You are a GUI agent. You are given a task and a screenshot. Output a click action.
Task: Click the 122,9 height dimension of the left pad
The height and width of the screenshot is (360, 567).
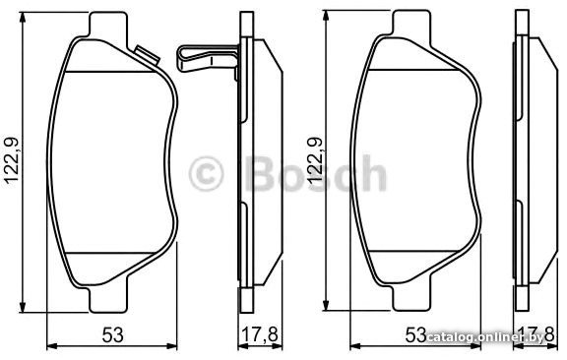pos(12,160)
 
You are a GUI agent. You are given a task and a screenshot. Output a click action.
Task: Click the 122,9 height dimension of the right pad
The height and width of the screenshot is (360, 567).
pos(315,160)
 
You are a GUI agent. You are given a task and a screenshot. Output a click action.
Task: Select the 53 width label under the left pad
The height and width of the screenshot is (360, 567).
pos(112,334)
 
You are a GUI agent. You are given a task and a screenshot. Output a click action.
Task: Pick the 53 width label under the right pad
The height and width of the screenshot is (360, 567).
pos(415,334)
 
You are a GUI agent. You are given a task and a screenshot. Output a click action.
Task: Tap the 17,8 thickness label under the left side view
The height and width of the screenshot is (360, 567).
pos(260,334)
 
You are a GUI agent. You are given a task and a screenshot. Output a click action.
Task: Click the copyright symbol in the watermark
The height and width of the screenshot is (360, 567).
pos(206,173)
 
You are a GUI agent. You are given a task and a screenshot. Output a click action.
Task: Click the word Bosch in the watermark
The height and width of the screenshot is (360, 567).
pos(315,173)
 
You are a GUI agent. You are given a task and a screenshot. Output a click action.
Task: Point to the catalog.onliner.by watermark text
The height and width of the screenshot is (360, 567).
pos(484,337)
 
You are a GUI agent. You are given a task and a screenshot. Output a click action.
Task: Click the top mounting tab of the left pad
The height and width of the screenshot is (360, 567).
pos(108,25)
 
